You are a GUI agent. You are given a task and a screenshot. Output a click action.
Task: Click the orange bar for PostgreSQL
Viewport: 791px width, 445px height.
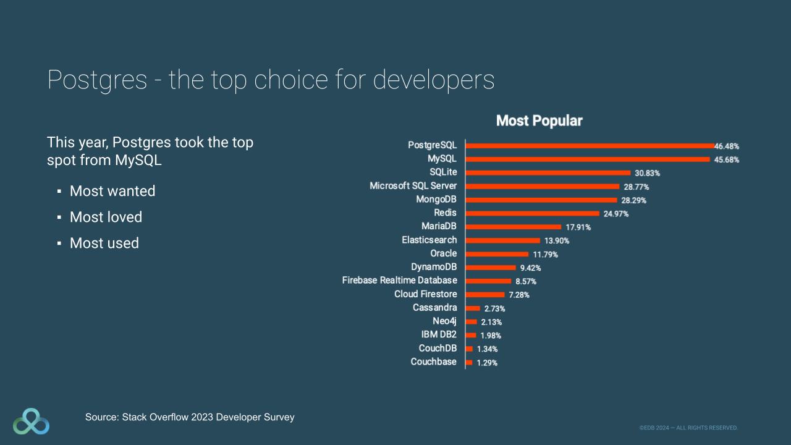590,146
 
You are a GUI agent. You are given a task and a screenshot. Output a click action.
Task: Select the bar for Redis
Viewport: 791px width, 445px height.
532,213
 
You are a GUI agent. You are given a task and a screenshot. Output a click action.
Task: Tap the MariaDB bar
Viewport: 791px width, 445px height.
513,227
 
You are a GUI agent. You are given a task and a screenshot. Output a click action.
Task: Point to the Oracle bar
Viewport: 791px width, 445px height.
497,254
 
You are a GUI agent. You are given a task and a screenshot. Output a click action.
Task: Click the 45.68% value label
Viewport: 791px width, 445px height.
727,160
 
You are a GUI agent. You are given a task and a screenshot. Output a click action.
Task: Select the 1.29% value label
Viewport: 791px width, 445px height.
486,363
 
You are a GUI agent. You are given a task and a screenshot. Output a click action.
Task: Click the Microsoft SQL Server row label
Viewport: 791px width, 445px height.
413,185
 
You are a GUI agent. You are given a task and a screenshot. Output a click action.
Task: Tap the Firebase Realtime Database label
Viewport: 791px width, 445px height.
400,281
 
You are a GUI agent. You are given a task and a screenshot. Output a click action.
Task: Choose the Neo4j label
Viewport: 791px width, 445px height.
445,321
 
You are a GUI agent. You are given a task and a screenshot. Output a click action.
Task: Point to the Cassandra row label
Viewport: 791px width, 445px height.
435,307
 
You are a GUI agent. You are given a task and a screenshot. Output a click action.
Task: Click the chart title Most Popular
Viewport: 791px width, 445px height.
539,121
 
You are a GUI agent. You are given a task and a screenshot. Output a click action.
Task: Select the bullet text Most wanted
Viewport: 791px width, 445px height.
112,191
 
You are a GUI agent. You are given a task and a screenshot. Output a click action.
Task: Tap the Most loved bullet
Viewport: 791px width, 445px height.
106,217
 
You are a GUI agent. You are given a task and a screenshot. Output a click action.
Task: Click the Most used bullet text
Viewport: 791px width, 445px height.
104,243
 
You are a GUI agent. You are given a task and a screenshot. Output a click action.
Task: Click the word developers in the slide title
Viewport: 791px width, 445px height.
433,80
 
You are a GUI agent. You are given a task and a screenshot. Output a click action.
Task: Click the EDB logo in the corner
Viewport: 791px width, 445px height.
31,422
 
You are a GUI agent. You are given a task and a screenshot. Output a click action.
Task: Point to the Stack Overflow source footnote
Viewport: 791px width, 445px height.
190,417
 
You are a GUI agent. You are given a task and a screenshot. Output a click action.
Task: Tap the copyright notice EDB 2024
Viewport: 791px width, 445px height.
688,428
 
